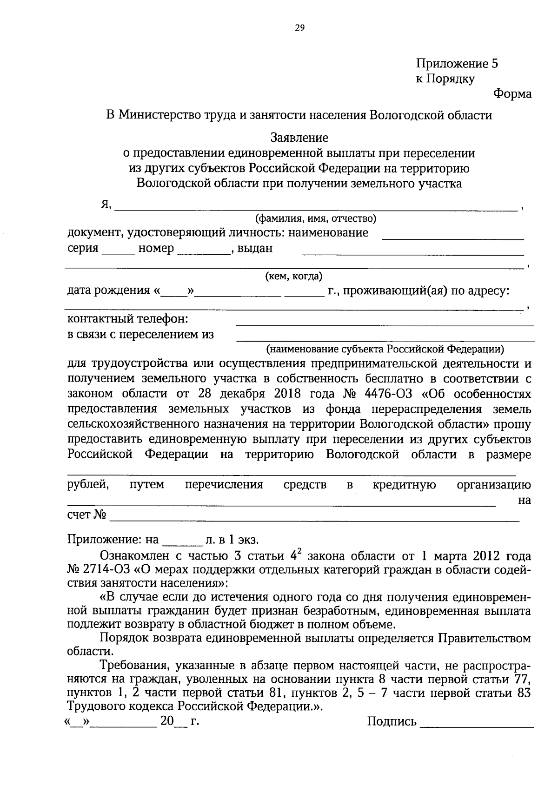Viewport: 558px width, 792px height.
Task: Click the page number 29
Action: click(299, 28)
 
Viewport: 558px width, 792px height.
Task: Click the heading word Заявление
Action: click(299, 138)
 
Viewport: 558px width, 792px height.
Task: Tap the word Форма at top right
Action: click(512, 94)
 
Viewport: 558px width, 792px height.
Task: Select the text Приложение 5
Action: click(457, 64)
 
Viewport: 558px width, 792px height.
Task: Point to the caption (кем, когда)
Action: click(293, 277)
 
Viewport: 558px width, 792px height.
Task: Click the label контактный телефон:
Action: click(128, 319)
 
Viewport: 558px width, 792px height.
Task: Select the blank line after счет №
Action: click(314, 520)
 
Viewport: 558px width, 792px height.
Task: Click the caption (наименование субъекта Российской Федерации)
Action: click(385, 349)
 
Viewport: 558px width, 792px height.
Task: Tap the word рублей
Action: click(88, 485)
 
